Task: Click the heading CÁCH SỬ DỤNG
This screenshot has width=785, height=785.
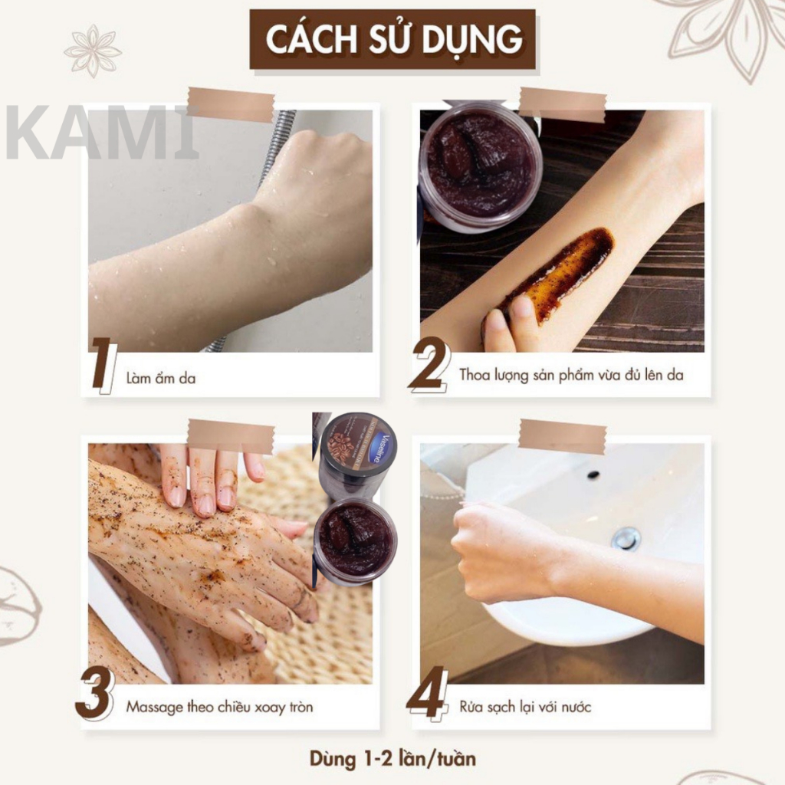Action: tap(393, 39)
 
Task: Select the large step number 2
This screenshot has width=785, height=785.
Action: tap(429, 365)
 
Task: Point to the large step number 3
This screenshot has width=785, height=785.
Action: tap(95, 695)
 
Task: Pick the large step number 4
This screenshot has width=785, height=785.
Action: tap(427, 694)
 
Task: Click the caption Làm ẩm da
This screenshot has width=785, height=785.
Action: tap(161, 378)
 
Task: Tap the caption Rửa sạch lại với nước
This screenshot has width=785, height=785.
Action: tap(525, 707)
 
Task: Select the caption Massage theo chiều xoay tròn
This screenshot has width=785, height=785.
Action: tap(219, 707)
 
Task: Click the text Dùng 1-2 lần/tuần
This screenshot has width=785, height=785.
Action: tap(392, 760)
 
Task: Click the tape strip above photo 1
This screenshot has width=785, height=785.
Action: tap(230, 104)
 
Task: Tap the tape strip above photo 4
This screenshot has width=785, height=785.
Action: tap(562, 436)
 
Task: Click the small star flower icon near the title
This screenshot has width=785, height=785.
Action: tap(92, 51)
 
